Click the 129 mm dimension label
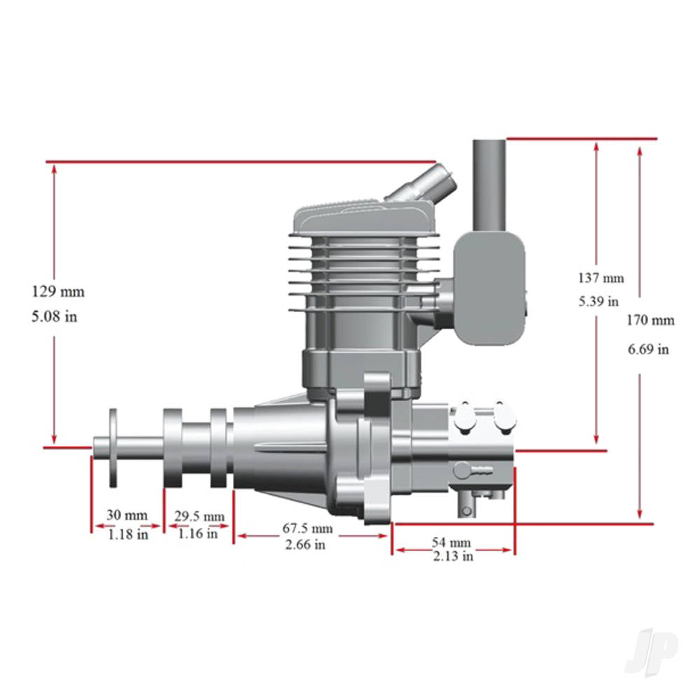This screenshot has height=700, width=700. (62, 290)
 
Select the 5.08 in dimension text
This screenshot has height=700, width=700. (55, 316)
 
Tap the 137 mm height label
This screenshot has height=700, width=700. (601, 278)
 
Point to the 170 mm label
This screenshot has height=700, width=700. (651, 321)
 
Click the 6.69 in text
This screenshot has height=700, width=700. (648, 349)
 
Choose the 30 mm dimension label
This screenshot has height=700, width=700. (127, 515)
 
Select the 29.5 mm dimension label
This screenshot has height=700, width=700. (199, 517)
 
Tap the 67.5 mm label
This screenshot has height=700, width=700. (307, 528)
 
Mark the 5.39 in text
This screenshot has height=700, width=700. (598, 302)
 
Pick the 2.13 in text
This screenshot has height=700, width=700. (453, 557)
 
